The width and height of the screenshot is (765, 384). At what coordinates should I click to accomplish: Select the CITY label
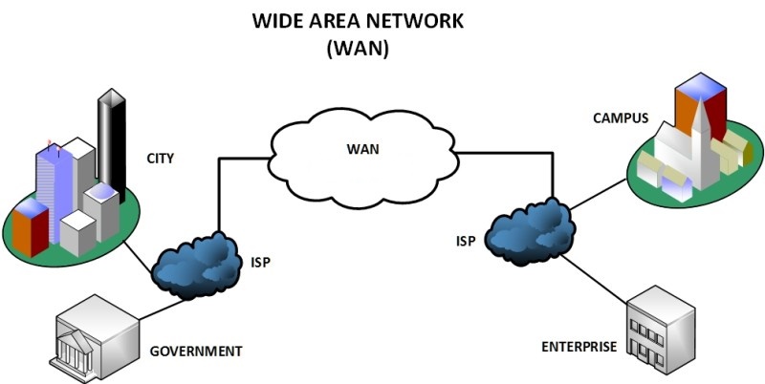160,159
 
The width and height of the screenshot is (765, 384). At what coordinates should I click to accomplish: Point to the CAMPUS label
620,118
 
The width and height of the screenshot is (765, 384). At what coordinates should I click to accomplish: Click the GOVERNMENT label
196,351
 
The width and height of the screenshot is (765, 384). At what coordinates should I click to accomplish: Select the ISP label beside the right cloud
466,241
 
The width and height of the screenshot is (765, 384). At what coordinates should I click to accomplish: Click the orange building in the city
29,229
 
